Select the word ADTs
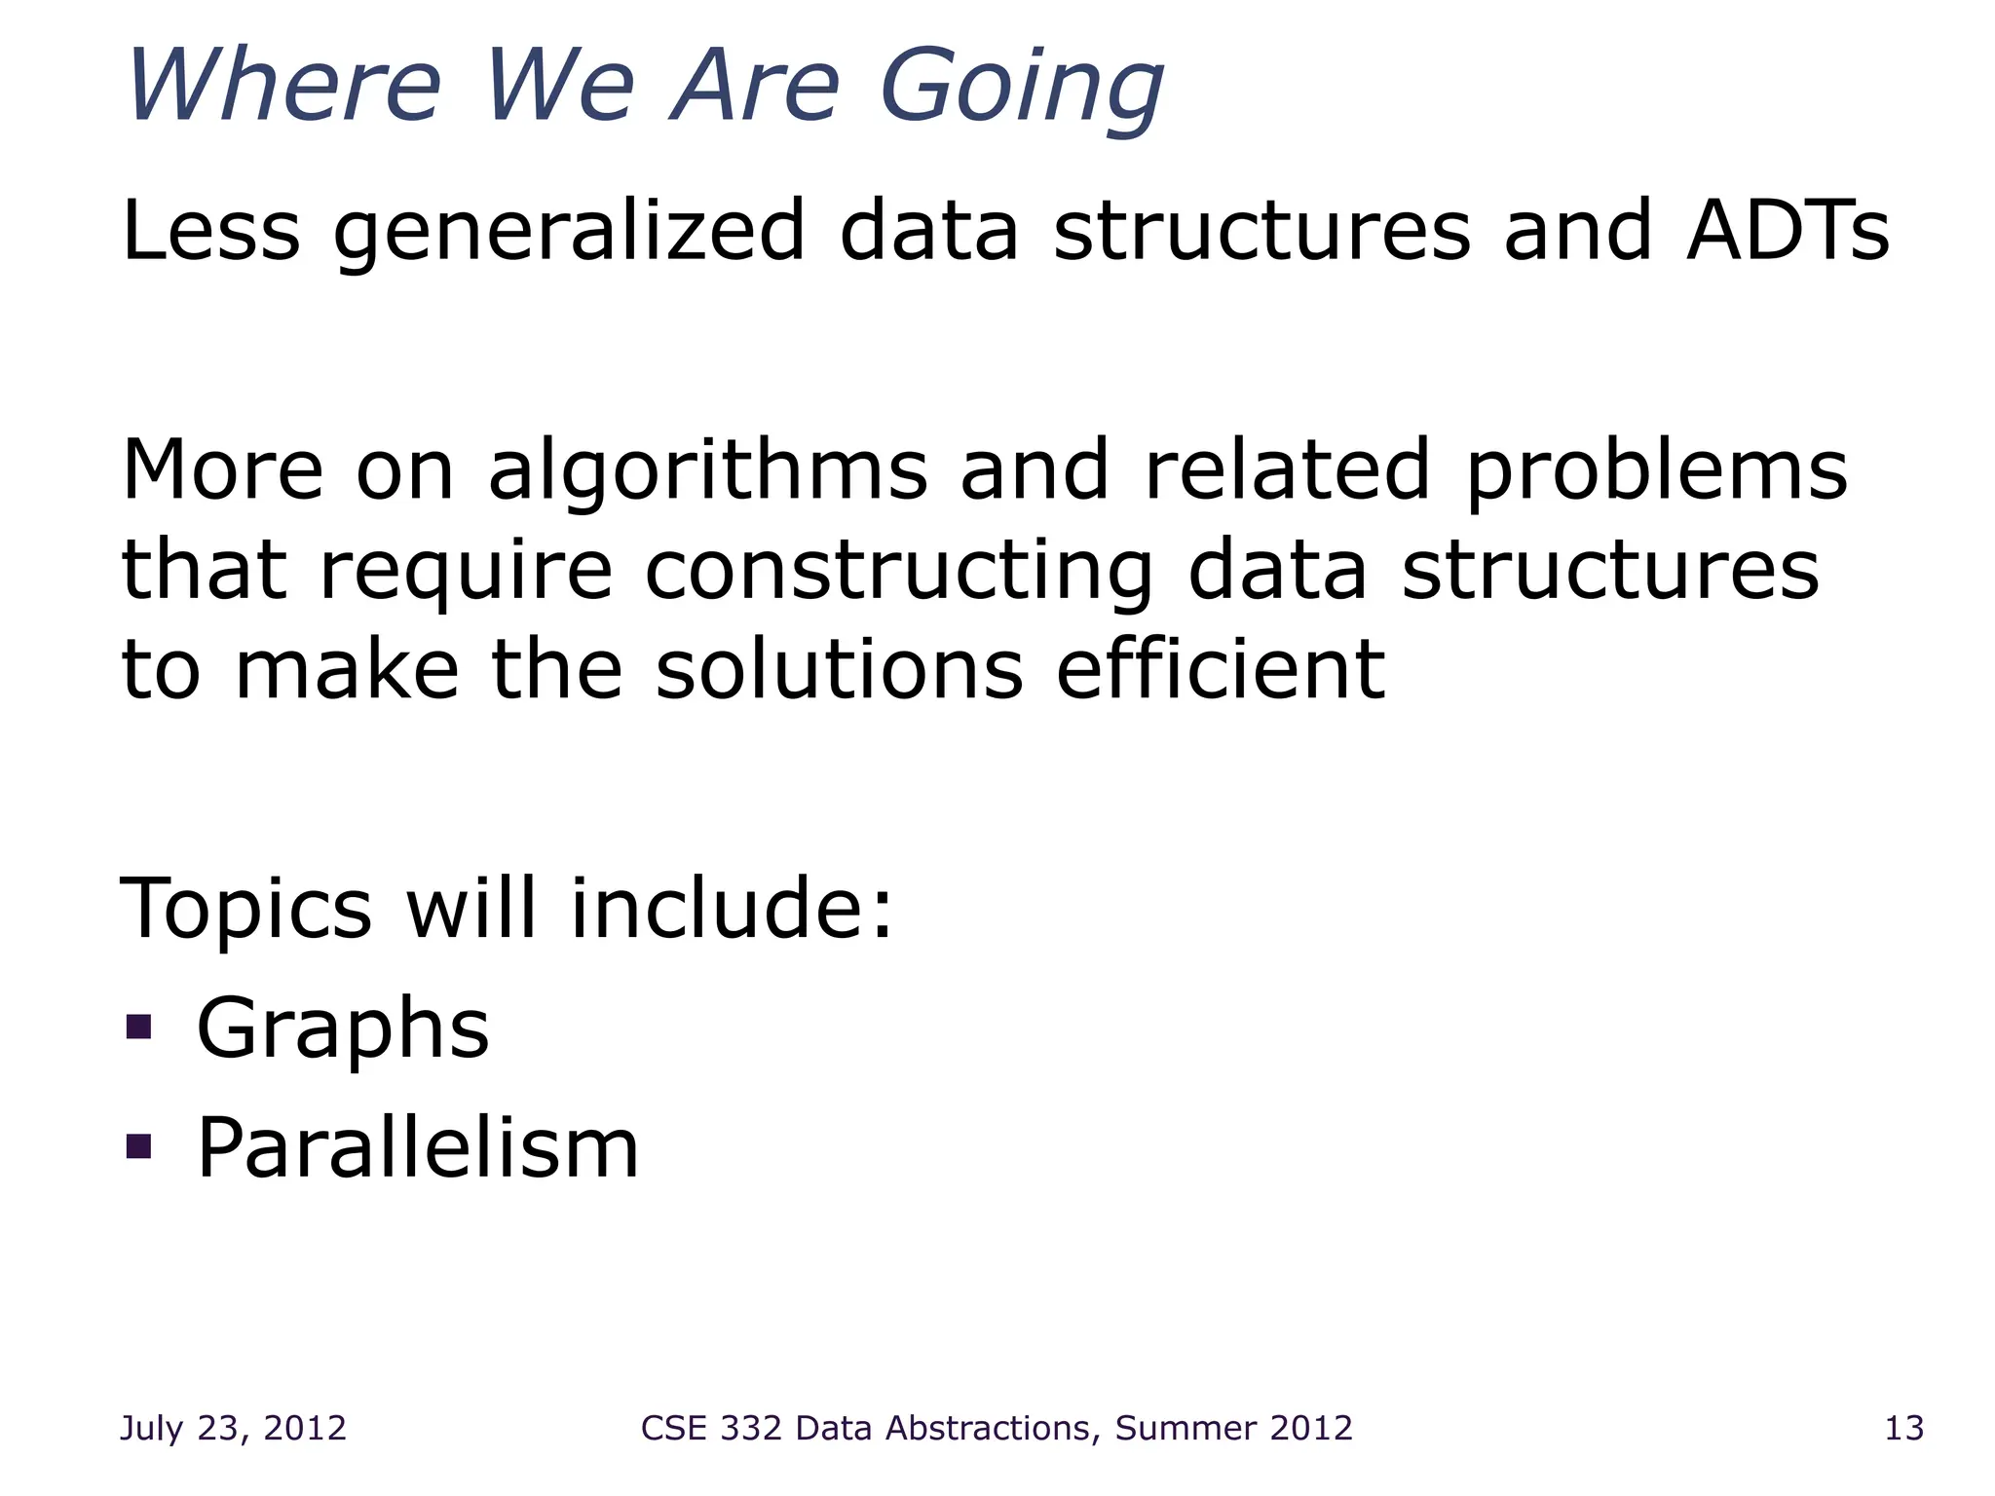(x=1788, y=232)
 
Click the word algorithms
(x=707, y=471)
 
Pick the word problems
(x=1657, y=471)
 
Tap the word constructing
(x=898, y=573)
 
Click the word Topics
(x=245, y=911)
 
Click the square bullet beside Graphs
(x=139, y=1027)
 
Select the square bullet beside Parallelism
(x=139, y=1146)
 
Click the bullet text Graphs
(x=343, y=1030)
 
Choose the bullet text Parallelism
(x=417, y=1148)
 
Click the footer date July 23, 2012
(x=233, y=1428)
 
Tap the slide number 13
(x=1903, y=1428)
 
